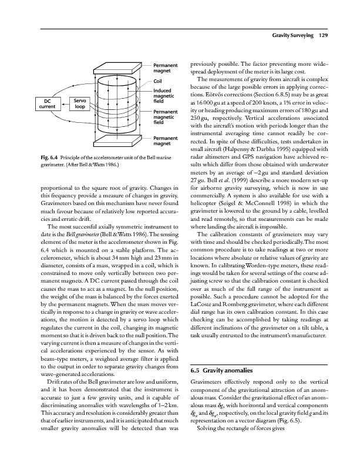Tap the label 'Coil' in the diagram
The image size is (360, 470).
pyautogui.click(x=157, y=81)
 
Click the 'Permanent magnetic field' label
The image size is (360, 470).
pyautogui.click(x=165, y=117)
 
